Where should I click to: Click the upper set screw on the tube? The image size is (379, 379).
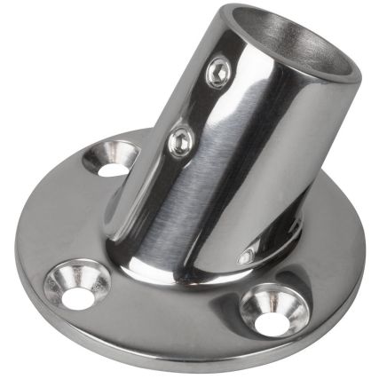218,74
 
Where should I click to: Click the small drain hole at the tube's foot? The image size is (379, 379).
245,257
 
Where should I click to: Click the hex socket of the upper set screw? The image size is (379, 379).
218,74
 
